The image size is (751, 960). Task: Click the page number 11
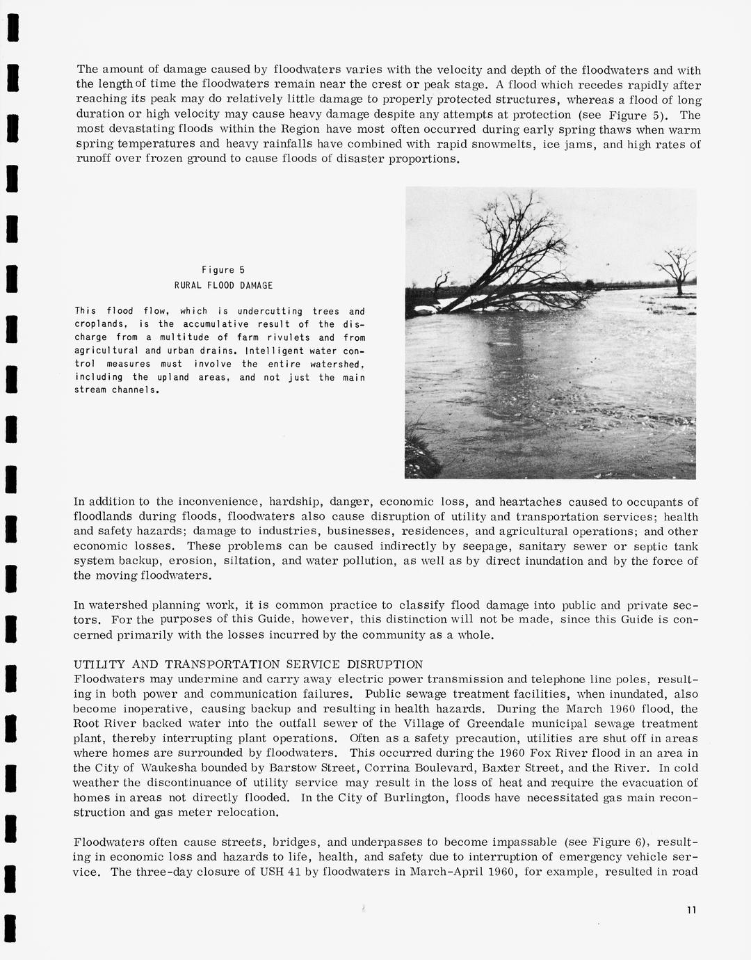click(691, 910)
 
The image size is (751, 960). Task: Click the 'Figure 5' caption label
click(223, 270)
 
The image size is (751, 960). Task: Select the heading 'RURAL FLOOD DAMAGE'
click(223, 285)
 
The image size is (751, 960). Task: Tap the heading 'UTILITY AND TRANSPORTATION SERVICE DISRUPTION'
click(248, 664)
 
